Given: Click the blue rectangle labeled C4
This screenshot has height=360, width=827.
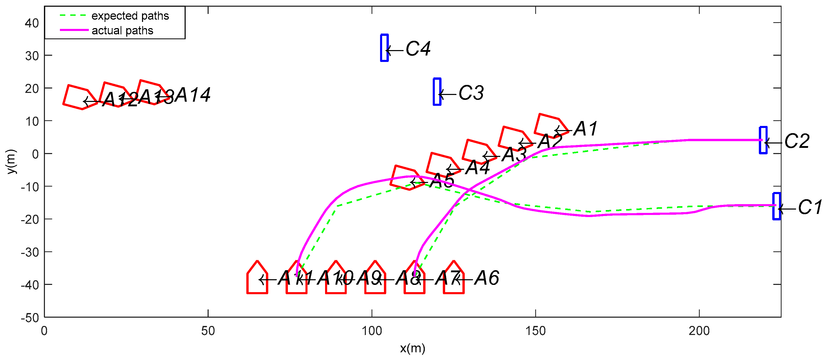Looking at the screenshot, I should pos(384,48).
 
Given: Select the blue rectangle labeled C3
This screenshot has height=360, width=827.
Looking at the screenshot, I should pos(437,91).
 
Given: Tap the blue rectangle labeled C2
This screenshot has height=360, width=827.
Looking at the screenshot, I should pos(763,140).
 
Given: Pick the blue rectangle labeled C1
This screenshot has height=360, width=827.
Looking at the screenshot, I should pos(777,206).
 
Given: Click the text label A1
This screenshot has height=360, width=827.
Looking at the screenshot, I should pos(586,129).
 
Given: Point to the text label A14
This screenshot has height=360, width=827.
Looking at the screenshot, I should pos(193,95).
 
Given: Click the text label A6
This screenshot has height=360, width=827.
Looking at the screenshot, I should pos(487,278).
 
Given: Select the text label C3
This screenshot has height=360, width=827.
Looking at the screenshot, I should pos(471,93).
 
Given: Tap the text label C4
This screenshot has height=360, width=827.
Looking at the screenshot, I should pos(418,49).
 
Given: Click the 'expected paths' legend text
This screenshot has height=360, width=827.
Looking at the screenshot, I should pos(130,16).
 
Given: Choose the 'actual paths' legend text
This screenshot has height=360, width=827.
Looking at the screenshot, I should pos(122,30).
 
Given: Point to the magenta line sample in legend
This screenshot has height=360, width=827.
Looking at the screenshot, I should pos(74,30).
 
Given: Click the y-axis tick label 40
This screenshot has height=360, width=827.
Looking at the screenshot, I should pos(32,23).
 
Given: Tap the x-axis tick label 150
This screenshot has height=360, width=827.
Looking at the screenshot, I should pos(535,331).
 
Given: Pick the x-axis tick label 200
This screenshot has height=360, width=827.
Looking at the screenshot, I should pos(699,331).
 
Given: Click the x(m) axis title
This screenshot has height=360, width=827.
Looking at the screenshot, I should pos(413,348).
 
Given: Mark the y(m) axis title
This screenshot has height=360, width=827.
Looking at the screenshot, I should pos(11,161).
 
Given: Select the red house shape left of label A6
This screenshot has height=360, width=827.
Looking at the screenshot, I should pos(454,279).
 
